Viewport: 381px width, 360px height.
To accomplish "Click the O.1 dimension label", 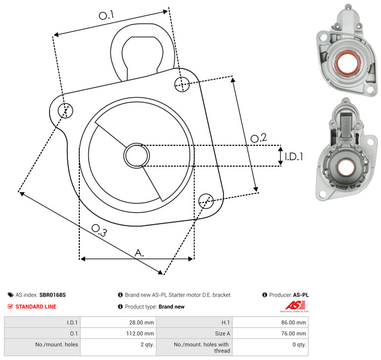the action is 107,15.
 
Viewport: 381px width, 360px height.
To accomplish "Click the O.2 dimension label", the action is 259,138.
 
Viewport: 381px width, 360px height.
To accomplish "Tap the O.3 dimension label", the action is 99,231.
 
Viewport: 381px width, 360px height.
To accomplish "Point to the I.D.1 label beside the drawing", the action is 294,157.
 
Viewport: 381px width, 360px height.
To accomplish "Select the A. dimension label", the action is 139,253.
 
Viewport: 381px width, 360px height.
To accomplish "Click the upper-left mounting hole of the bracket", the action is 65,111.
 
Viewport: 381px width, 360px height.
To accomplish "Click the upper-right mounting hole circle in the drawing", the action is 182,84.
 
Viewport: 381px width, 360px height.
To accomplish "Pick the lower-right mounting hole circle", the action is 206,201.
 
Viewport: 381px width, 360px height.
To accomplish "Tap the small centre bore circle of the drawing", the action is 137,156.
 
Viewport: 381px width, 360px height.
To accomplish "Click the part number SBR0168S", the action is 53,295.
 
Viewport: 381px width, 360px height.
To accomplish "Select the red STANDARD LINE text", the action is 36,306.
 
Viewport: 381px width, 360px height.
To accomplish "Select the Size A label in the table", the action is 222,334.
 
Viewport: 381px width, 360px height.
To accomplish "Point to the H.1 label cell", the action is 225,322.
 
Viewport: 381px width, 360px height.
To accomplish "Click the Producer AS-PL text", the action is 289,295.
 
